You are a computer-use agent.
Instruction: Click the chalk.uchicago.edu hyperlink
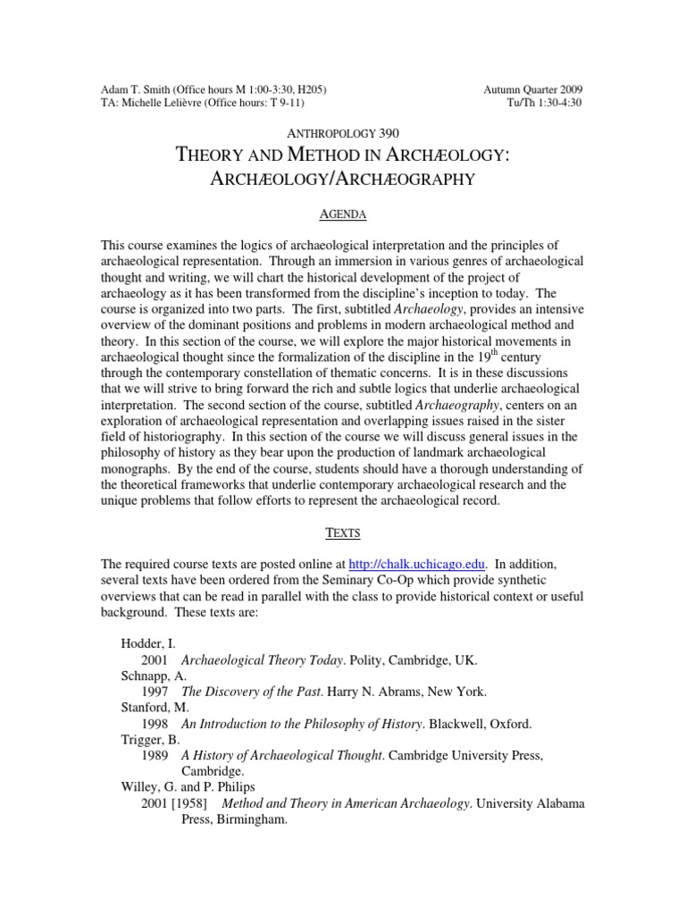(417, 564)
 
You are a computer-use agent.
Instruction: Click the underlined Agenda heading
(343, 215)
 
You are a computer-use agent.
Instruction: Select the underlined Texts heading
(343, 533)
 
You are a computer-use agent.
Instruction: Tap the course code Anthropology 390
(343, 132)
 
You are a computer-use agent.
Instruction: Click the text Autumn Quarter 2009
(533, 90)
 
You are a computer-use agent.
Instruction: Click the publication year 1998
(155, 724)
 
